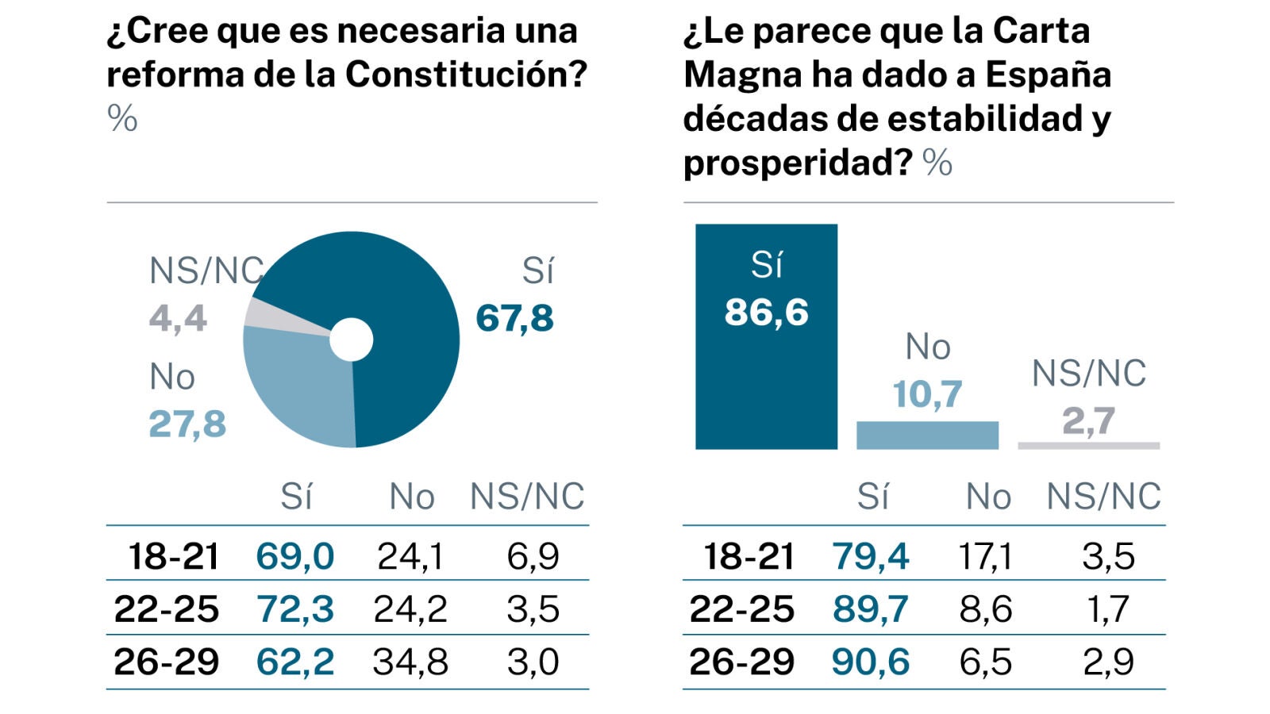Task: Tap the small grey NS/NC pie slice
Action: (262, 313)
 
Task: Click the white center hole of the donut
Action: (351, 340)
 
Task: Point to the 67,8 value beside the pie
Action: (514, 318)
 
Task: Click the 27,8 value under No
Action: (187, 424)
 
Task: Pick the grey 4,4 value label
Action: (178, 318)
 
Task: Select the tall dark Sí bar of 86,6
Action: (766, 381)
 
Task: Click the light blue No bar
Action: (927, 436)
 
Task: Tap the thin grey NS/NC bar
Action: (1088, 446)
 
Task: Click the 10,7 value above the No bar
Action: (927, 393)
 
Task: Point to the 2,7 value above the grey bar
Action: (1088, 420)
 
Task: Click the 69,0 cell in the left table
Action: (294, 556)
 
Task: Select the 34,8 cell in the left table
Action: (410, 662)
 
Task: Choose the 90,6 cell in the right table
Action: (870, 662)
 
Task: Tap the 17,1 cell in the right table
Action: (985, 556)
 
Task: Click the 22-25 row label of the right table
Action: (741, 609)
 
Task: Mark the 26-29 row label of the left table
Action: (166, 662)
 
